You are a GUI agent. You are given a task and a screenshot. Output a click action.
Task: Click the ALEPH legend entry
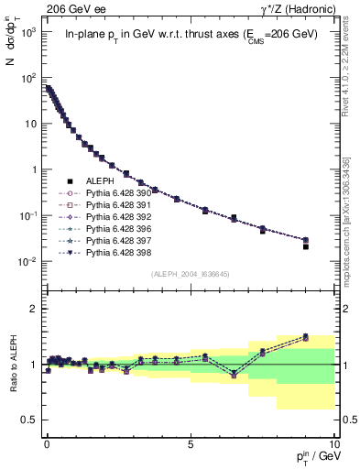[99, 183]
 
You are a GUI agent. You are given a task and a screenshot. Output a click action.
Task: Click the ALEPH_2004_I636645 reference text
[190, 274]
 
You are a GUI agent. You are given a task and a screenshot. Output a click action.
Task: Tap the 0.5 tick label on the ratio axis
[29, 420]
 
